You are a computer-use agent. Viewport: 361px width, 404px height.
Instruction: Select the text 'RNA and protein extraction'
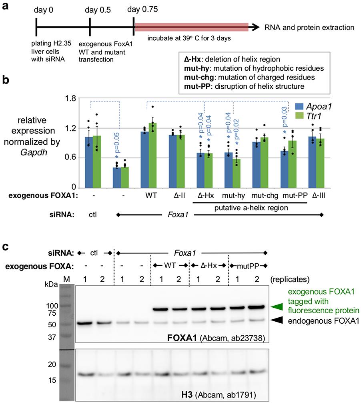[x=309, y=28]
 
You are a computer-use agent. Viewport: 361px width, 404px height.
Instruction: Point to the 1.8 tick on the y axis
[x=72, y=98]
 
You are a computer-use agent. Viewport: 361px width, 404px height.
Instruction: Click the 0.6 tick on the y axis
[x=72, y=158]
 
